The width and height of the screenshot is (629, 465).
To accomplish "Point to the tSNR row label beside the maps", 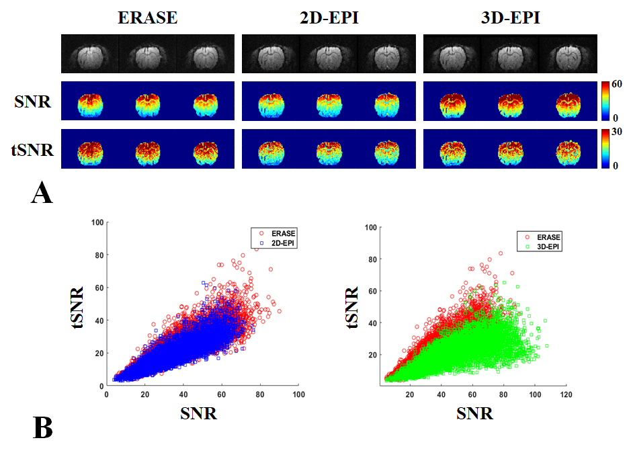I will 32,149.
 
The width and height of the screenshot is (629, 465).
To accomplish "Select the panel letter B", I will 42,427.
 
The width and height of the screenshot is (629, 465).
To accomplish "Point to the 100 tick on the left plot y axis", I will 98,222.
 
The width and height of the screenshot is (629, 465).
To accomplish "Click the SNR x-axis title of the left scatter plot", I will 199,413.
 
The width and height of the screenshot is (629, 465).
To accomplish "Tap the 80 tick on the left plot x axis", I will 260,394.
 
